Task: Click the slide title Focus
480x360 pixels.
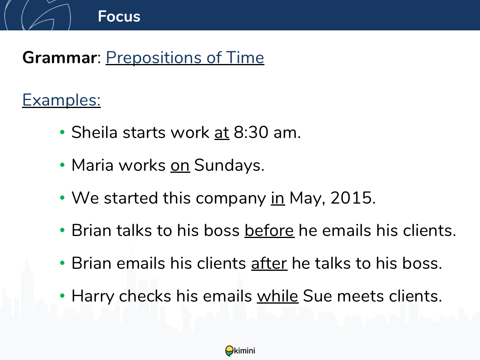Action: (x=119, y=16)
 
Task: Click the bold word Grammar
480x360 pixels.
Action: (x=60, y=58)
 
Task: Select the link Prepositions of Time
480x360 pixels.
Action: (x=185, y=58)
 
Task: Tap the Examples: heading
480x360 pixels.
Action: (x=62, y=100)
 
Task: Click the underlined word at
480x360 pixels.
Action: (x=222, y=132)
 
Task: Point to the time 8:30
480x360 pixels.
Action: (x=251, y=132)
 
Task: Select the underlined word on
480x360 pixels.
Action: (x=180, y=166)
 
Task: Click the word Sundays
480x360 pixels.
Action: (x=229, y=165)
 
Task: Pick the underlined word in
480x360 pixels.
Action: (x=278, y=198)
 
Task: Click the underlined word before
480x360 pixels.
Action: (x=270, y=230)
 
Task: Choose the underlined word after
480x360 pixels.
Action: (x=269, y=263)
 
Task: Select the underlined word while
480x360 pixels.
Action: (x=278, y=296)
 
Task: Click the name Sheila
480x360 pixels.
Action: (x=94, y=132)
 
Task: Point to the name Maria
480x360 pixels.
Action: (x=92, y=165)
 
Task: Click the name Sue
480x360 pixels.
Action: (x=318, y=296)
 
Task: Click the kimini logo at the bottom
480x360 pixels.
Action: (x=240, y=351)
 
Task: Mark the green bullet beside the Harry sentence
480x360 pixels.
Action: (x=62, y=296)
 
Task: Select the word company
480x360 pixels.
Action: (x=231, y=198)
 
